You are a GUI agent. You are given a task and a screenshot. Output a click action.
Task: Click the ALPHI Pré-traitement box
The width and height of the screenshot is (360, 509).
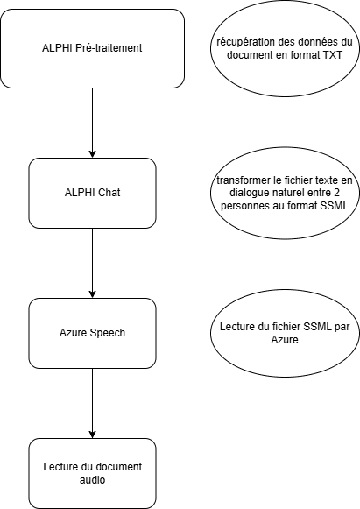93,49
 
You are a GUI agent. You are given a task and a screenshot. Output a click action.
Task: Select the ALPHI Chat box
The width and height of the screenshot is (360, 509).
93,193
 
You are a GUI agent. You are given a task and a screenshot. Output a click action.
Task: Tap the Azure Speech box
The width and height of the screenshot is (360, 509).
93,333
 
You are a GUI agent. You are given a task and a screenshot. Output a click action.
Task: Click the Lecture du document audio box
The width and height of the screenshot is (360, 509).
93,473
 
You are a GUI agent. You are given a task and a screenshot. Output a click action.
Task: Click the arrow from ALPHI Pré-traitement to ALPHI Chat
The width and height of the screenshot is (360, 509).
93,123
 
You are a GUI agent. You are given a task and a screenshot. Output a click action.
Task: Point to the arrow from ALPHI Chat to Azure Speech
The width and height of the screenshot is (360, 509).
93,264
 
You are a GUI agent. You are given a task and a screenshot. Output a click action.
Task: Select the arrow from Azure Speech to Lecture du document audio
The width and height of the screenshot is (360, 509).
93,404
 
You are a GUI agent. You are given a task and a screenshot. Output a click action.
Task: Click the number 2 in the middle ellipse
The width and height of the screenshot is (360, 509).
336,193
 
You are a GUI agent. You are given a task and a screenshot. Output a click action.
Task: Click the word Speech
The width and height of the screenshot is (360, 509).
108,333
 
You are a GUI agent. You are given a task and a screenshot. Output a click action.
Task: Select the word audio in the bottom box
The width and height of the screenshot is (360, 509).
93,480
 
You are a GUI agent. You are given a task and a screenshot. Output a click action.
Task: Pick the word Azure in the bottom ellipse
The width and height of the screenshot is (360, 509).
285,340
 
